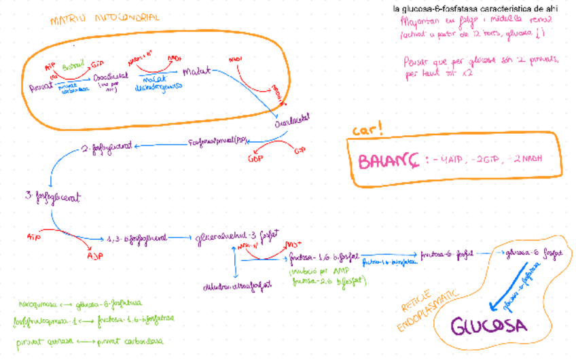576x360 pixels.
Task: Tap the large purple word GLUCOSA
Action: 489,325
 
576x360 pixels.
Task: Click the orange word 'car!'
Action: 367,130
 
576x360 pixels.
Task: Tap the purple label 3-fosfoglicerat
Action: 52,198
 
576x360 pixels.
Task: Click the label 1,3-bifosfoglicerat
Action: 137,239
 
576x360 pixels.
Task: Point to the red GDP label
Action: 257,160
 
